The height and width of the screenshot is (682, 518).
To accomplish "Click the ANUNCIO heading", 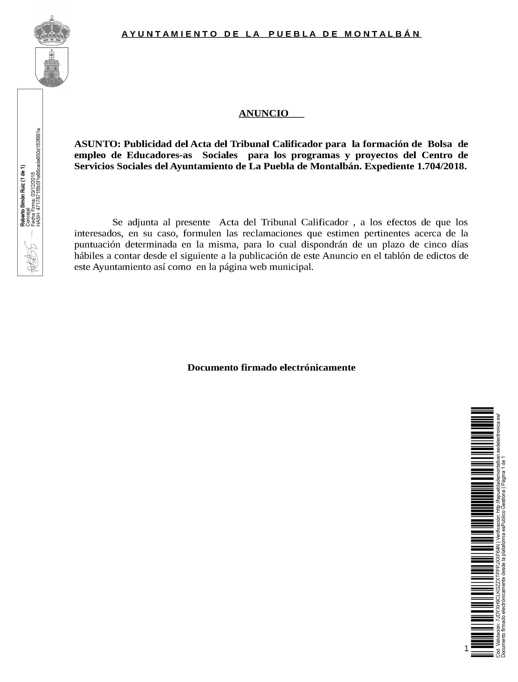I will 264,113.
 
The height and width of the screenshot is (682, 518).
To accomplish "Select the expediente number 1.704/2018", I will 441,167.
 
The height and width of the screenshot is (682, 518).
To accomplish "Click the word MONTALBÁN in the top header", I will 382,34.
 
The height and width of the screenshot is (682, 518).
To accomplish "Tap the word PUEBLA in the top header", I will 292,34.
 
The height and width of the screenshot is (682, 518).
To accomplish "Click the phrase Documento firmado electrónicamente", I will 271,368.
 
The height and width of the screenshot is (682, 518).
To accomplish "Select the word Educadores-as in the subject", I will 159,155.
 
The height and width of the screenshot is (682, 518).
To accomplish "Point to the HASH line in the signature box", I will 38,177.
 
